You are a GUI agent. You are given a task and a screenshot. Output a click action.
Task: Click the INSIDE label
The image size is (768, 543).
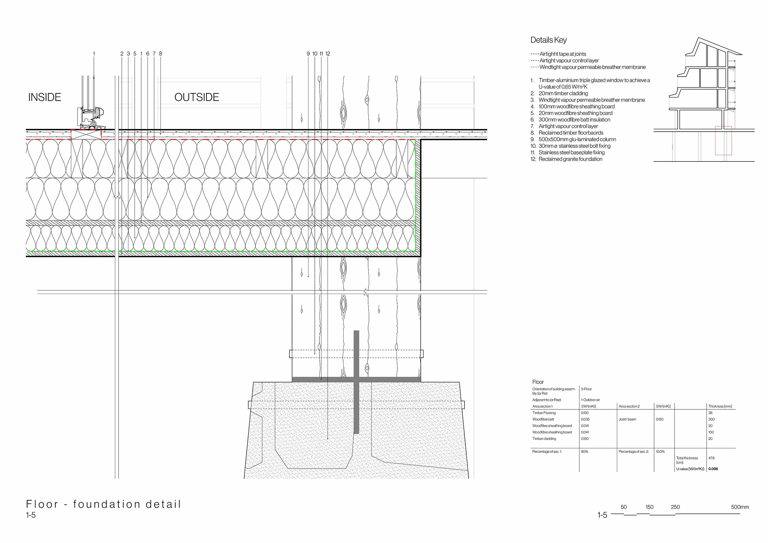click(45, 97)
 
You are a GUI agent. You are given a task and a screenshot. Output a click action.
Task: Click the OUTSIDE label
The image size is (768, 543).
click(197, 97)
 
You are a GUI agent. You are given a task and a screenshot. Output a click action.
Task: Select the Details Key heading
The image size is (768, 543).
click(548, 40)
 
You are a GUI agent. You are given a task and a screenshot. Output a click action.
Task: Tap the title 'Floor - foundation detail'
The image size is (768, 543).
click(103, 504)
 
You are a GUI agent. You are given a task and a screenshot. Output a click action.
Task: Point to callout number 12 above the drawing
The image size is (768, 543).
click(327, 54)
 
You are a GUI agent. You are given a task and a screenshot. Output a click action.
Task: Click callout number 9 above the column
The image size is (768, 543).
click(308, 54)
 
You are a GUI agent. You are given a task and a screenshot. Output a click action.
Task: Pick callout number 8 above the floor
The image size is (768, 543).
click(161, 54)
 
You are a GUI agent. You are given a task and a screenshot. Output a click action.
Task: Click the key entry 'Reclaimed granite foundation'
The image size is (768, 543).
click(570, 159)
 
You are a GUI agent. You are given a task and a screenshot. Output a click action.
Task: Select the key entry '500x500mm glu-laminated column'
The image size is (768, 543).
click(577, 139)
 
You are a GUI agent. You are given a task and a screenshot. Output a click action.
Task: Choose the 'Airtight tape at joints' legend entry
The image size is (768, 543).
click(558, 54)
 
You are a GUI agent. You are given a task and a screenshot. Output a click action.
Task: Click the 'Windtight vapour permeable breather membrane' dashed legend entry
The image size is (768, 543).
click(588, 67)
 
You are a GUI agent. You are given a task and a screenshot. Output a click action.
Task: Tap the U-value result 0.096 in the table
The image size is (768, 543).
click(713, 469)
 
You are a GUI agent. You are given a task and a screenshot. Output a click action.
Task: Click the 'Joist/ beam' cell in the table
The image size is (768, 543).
click(627, 419)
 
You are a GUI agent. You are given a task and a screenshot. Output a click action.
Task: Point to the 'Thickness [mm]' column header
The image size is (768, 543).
click(720, 406)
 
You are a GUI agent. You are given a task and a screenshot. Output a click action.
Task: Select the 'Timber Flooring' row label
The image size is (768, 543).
click(544, 413)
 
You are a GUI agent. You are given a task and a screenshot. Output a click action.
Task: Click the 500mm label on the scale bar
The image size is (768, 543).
click(740, 507)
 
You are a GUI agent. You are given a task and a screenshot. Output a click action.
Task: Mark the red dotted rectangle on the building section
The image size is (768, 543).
click(723, 126)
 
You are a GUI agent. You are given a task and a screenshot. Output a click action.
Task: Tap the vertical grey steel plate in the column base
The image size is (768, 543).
click(356, 382)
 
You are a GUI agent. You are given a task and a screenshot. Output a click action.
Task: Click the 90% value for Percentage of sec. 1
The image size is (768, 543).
click(584, 452)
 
